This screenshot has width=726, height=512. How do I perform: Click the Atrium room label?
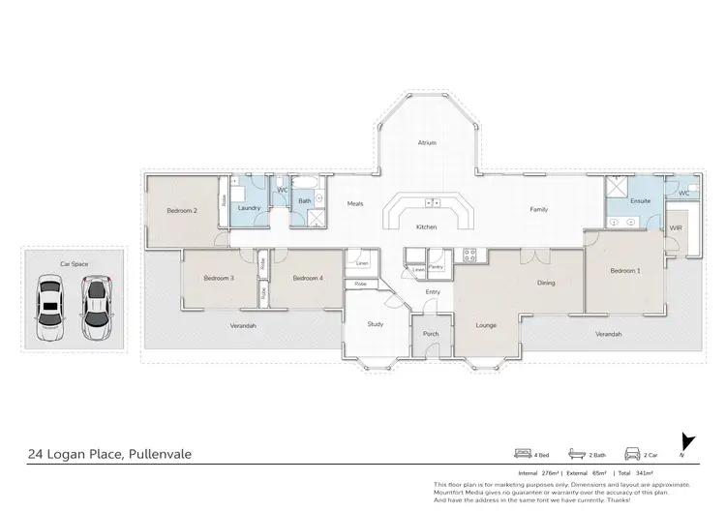click(x=427, y=142)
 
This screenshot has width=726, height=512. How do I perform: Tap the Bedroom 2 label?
click(x=182, y=210)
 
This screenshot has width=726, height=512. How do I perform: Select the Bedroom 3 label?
click(x=219, y=278)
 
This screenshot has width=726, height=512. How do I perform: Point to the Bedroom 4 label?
click(x=308, y=278)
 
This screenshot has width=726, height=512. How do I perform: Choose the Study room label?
click(x=376, y=324)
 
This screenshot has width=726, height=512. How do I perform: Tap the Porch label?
click(x=431, y=334)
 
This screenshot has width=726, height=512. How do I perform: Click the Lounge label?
click(x=486, y=324)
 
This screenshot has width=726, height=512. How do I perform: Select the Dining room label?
click(x=547, y=283)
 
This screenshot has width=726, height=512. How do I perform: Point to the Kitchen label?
click(x=427, y=226)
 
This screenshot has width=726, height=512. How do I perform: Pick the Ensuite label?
click(x=640, y=201)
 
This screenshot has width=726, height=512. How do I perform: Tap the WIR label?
click(x=676, y=228)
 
